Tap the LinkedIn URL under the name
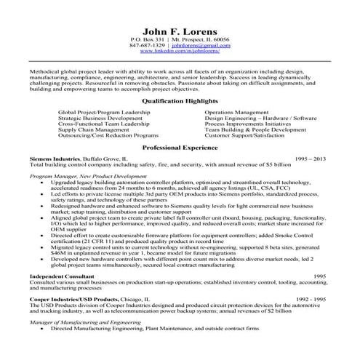coord(180,51)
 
